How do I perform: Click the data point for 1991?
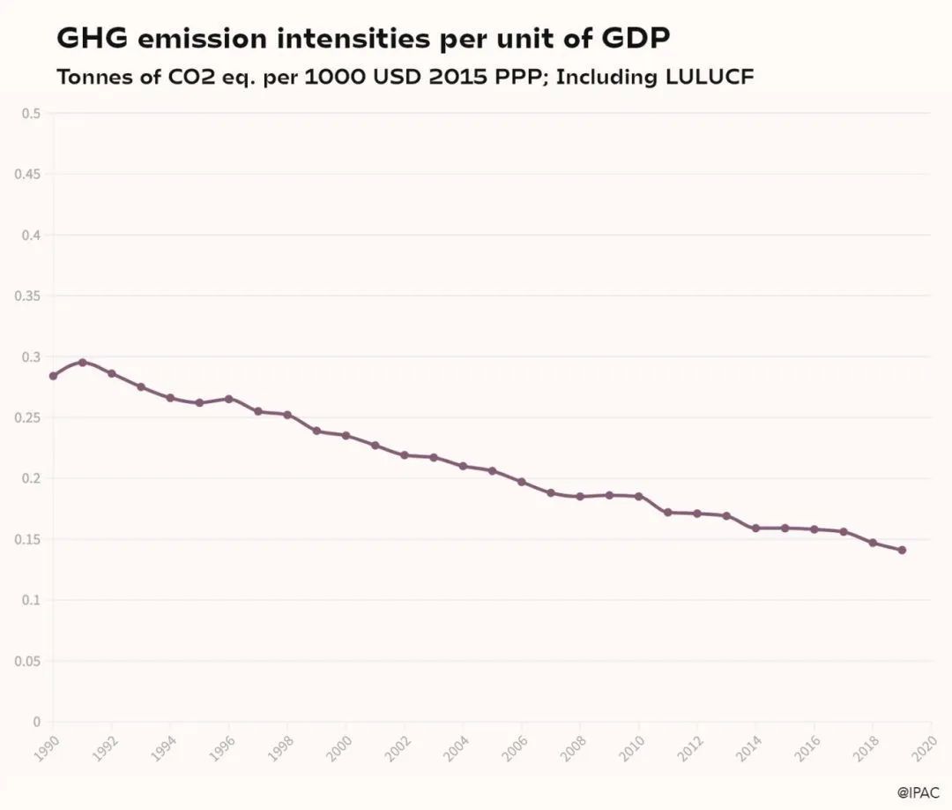tap(83, 362)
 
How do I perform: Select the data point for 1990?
tap(53, 376)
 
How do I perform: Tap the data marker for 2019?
tap(902, 550)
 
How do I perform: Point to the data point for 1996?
tap(229, 399)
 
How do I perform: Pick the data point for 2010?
tap(638, 496)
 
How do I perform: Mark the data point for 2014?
tap(755, 528)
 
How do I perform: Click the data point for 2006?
tap(521, 482)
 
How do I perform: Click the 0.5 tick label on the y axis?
tap(32, 113)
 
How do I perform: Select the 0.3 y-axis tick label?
tap(32, 356)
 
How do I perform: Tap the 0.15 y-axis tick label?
tap(29, 539)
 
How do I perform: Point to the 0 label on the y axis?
tap(37, 722)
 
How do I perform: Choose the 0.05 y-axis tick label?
tap(29, 661)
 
